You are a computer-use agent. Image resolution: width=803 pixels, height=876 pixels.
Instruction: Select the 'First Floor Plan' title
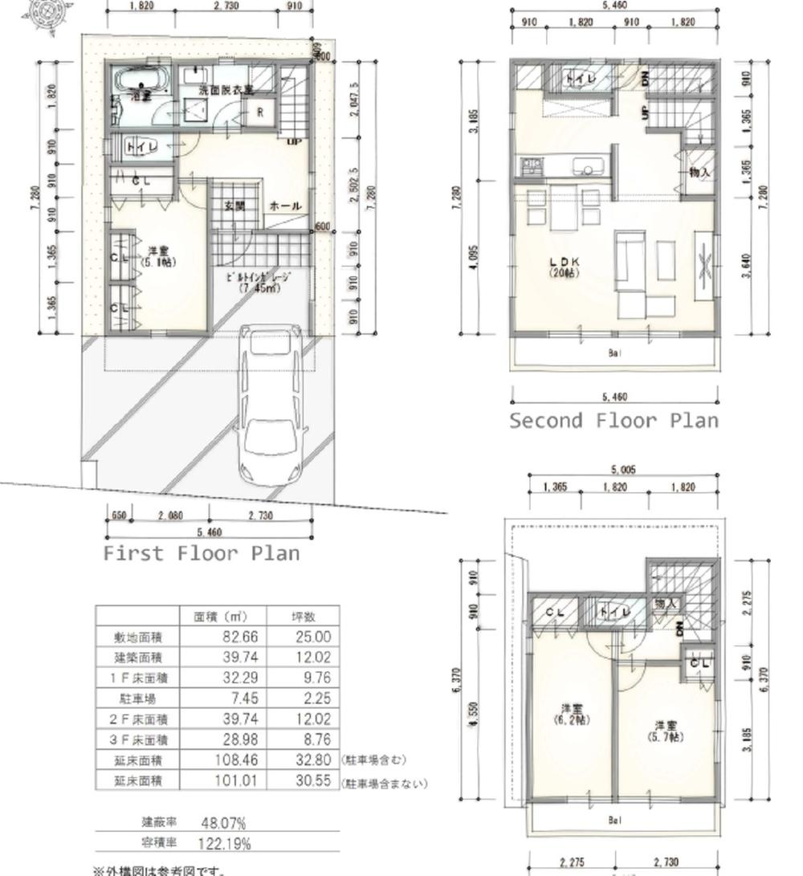pos(201,553)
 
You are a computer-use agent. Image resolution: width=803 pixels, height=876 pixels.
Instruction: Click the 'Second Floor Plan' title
pos(613,421)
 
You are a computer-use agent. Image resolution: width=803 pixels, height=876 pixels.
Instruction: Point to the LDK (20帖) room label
pos(565,267)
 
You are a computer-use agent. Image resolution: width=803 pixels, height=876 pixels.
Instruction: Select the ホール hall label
pos(285,206)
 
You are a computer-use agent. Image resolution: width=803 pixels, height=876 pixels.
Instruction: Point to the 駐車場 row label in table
pos(138,699)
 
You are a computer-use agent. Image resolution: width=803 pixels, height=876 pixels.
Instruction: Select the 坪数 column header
pos(303,617)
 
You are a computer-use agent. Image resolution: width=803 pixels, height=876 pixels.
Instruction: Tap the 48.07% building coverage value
pos(217,823)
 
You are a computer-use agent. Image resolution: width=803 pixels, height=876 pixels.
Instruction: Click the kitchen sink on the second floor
pos(585,169)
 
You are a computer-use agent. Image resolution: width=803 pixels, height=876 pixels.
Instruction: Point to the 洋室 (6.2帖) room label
pos(572,714)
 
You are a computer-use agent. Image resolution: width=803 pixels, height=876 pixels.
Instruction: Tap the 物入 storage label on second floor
pos(699,172)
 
